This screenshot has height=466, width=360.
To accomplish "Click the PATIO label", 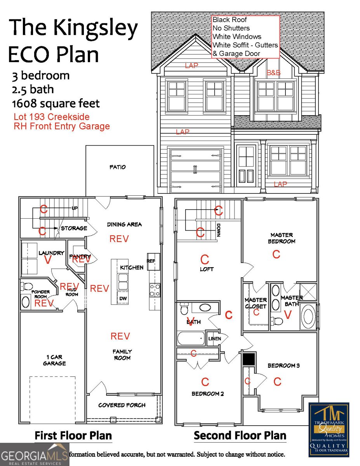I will click(118, 167).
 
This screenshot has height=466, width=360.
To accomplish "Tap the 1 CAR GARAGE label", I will click(54, 360).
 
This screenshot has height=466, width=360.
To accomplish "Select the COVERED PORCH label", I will click(122, 405).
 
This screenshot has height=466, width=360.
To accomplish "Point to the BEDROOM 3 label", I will click(283, 365).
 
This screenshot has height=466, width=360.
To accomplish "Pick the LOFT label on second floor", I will click(206, 269).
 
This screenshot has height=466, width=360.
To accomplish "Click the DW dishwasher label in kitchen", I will click(123, 298).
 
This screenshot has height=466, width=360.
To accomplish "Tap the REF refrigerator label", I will click(151, 261).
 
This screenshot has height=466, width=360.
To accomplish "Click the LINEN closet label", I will click(214, 339).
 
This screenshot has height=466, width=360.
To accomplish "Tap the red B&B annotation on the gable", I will click(273, 73).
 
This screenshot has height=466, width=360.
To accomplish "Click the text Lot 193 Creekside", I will click(52, 117).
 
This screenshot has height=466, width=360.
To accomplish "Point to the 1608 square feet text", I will click(56, 104).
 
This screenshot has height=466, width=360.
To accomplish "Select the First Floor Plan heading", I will click(73, 435).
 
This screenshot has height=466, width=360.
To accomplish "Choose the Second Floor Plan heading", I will click(240, 435).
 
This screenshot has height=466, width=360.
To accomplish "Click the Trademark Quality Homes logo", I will click(329, 429).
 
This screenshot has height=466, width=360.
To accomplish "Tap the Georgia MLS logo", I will click(34, 454).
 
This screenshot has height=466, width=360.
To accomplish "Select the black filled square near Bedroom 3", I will click(249, 359).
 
